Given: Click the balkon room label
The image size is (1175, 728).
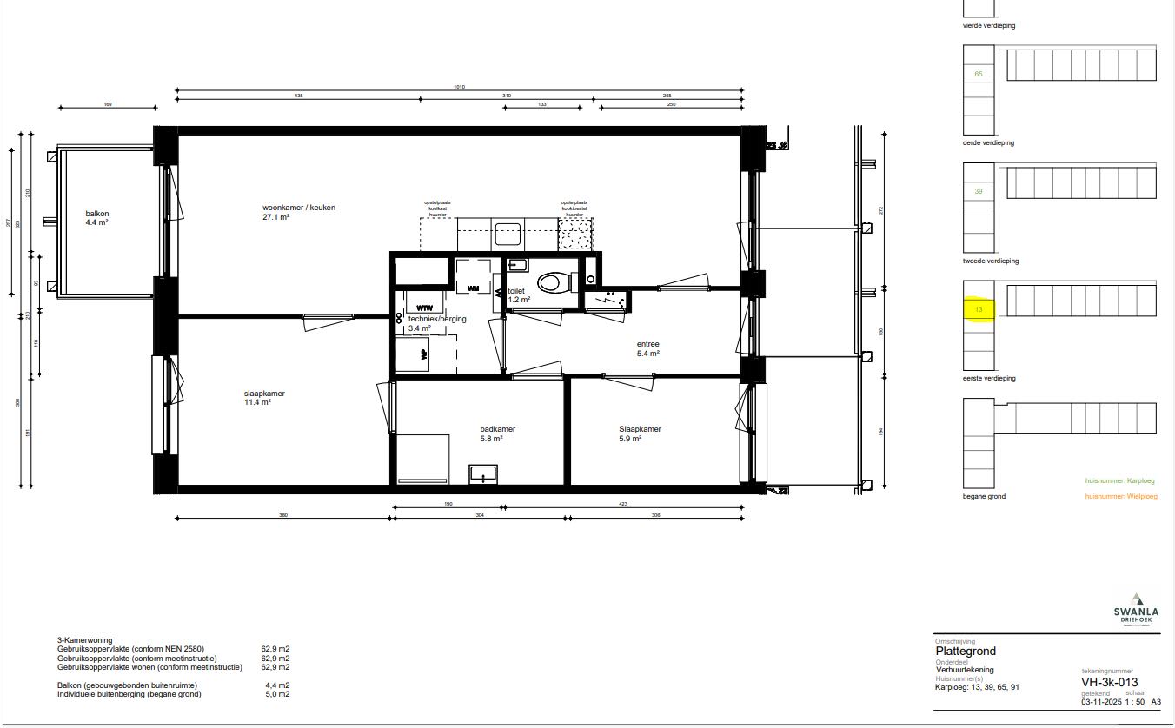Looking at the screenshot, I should tap(97, 217).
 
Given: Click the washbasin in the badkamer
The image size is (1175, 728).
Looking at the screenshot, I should tap(482, 473).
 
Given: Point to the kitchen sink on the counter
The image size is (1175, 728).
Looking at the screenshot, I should tap(507, 233).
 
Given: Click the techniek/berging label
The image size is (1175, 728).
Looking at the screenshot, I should tap(437, 319).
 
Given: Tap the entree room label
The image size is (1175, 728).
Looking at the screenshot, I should tap(648, 348).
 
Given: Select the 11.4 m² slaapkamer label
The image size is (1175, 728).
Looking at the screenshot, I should tap(264, 398).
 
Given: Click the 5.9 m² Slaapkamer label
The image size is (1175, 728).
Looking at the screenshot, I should tap(641, 433).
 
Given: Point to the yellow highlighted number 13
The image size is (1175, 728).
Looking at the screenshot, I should tap(979, 309).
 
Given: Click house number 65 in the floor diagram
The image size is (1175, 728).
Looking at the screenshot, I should tap(979, 74).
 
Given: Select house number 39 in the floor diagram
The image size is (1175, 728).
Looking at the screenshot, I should tap(979, 191).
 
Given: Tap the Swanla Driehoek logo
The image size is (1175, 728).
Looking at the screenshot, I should tap(1135, 608).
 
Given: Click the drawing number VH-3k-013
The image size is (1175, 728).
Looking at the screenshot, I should tap(1109, 682).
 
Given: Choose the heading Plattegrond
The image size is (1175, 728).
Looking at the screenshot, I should tap(966, 652).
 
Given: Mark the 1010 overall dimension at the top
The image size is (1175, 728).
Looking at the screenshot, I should tap(461, 87).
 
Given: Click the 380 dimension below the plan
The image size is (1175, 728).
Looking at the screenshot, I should tap(282, 515).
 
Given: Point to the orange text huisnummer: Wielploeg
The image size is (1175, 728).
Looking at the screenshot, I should tap(1121, 496).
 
